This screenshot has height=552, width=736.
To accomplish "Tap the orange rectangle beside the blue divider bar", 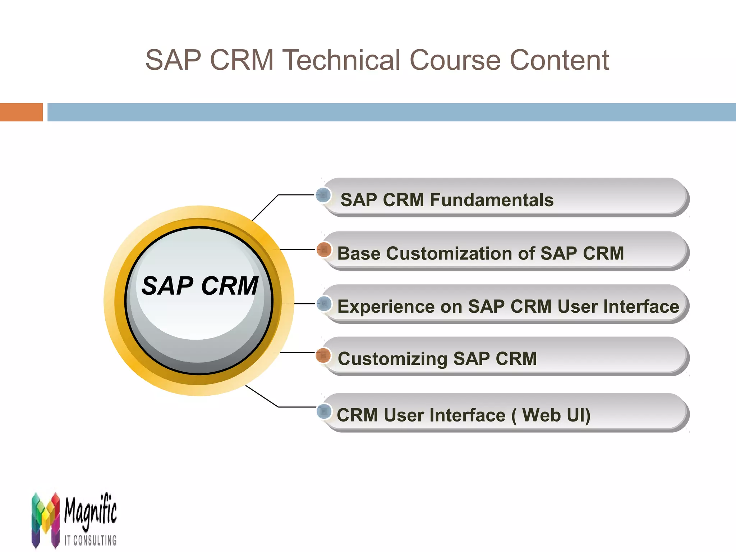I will point(21,112).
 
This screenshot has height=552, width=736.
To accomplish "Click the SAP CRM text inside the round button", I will point(200,286).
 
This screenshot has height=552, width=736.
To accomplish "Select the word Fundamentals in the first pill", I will point(492,200).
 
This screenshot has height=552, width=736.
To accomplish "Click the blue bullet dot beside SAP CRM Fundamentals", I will point(323,195).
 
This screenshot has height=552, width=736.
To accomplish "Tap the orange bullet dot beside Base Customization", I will point(324,249).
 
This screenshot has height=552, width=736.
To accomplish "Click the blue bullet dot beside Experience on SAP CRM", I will point(324,304).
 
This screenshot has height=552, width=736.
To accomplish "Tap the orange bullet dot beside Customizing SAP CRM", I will point(323,355).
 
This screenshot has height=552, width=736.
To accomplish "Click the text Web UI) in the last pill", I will point(556,415).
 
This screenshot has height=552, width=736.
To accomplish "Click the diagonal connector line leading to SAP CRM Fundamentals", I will point(265,208).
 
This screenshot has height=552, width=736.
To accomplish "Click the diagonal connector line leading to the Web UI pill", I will point(262,396).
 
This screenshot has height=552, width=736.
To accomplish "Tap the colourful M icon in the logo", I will point(45,519).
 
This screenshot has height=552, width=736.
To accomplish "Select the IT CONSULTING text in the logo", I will point(91,540).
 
